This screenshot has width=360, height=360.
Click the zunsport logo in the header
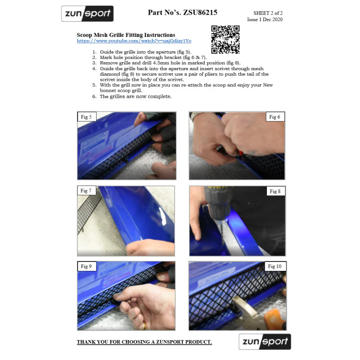(x=87, y=13)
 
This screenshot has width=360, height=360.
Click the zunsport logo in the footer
(x=265, y=342)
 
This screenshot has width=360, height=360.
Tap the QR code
(x=225, y=40)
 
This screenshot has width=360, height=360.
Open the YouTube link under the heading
(x=134, y=41)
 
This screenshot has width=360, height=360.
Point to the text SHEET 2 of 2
(x=268, y=13)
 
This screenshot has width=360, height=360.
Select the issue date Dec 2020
(x=273, y=19)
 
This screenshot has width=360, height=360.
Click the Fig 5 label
(x=86, y=117)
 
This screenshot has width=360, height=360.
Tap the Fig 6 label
(x=275, y=117)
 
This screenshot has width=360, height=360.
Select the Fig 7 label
(x=86, y=190)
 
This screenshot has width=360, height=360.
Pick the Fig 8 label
(x=275, y=191)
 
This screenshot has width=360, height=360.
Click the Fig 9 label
(x=86, y=266)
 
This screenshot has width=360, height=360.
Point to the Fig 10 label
(x=275, y=266)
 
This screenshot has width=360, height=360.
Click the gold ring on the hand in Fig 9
(x=144, y=325)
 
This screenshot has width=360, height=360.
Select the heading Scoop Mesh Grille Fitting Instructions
(x=126, y=35)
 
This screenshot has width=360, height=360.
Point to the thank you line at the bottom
(x=144, y=342)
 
